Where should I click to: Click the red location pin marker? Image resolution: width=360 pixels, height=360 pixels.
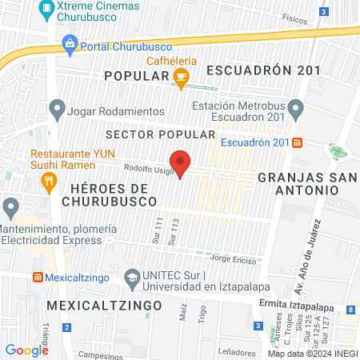[181, 162]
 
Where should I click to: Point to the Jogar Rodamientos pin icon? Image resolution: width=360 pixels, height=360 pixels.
[57, 107]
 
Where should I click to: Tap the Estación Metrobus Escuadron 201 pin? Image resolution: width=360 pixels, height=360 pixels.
[296, 106]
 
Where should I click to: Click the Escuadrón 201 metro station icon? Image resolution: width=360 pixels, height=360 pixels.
[298, 142]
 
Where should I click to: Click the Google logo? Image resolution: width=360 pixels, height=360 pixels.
[27, 350]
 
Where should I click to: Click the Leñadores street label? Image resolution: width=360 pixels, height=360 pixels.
[238, 352]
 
